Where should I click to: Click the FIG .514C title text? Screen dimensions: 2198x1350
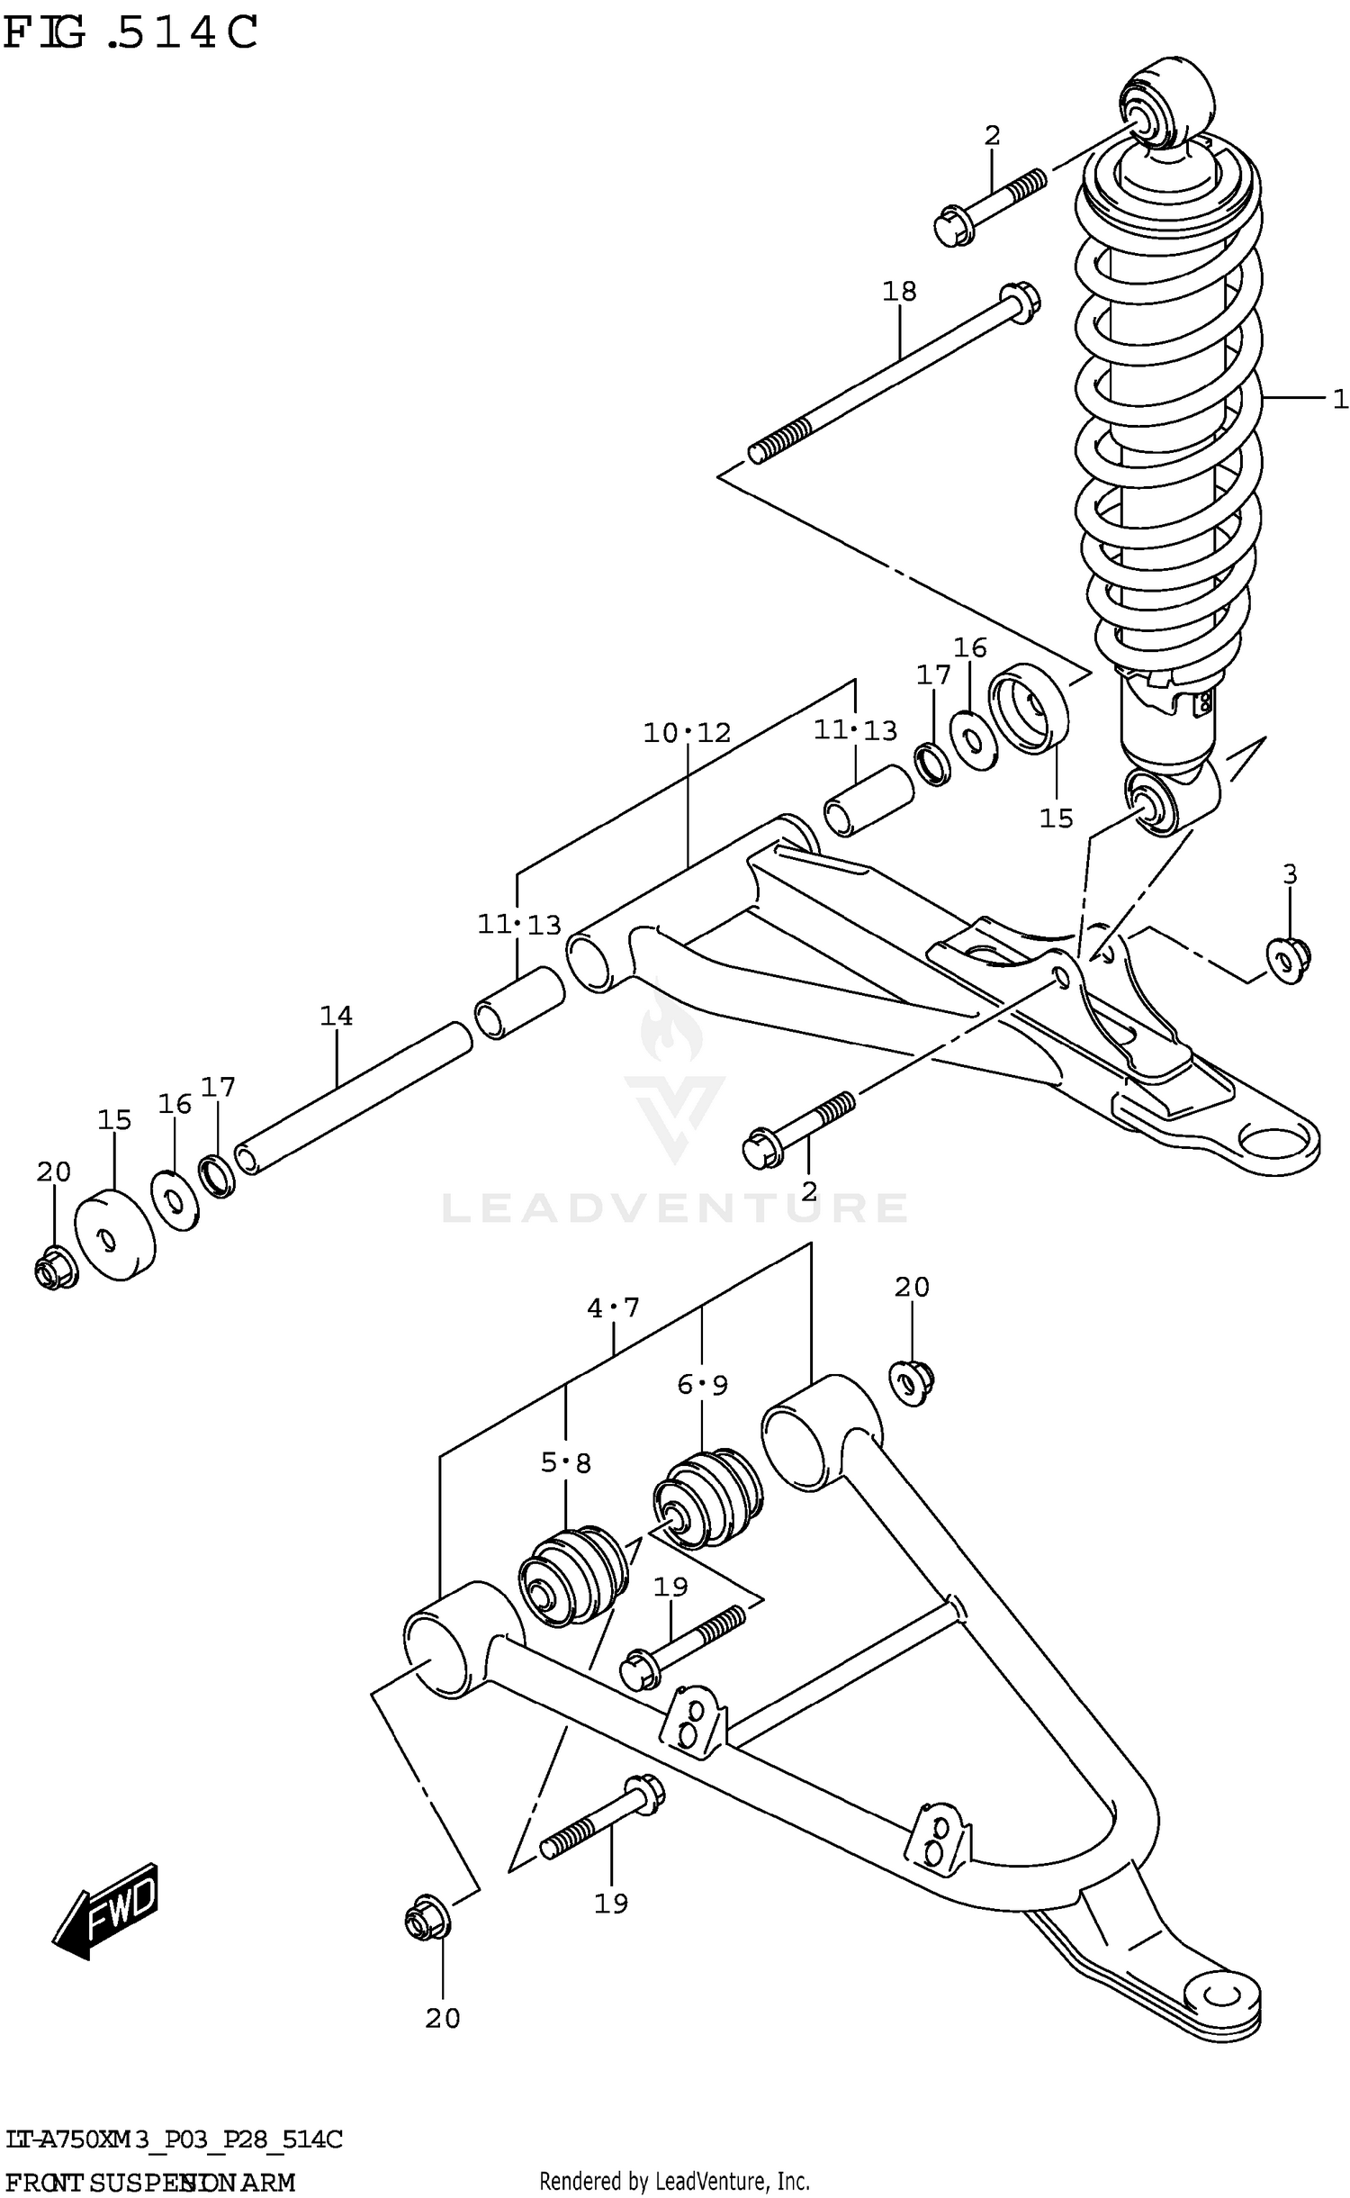click(130, 34)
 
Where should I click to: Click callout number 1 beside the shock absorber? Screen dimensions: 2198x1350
click(1339, 398)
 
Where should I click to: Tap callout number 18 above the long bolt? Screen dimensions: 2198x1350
click(898, 291)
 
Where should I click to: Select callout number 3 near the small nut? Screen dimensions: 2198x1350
click(1289, 873)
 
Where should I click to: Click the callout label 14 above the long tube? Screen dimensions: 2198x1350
click(336, 1016)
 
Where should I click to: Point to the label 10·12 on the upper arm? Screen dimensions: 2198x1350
click(687, 733)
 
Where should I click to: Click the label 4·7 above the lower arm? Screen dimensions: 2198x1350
click(613, 1307)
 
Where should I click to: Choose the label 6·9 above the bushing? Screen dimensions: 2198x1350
click(702, 1385)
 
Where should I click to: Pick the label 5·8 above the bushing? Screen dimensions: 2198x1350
click(565, 1463)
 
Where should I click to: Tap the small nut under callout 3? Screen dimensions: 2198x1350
click(1287, 960)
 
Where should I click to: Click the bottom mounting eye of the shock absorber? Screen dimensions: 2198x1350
click(1156, 801)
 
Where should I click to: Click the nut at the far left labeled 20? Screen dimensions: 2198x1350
click(55, 1269)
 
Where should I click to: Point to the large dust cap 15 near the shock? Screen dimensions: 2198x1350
click(1028, 708)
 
